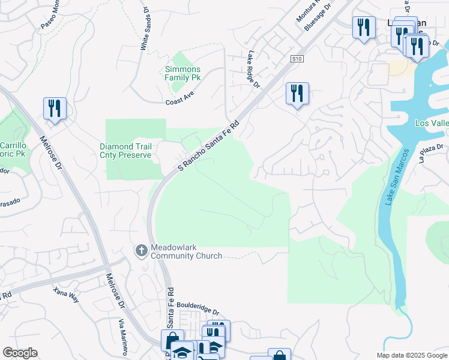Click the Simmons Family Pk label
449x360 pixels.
(x=182, y=73)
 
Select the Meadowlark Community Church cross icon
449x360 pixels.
(x=141, y=250)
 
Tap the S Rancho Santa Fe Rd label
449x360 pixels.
(x=209, y=146)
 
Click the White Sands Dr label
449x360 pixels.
(x=145, y=28)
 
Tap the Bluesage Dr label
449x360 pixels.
(x=318, y=18)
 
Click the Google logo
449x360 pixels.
(x=20, y=353)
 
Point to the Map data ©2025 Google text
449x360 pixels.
(x=411, y=355)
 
